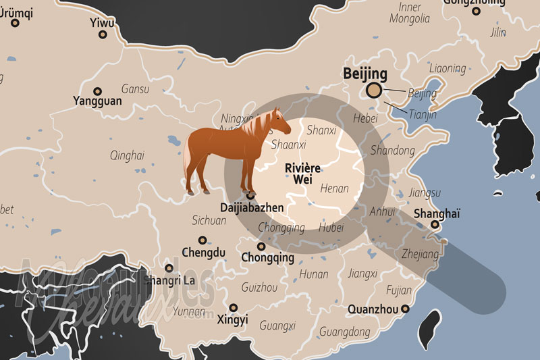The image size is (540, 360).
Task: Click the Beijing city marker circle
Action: click(x=373, y=91)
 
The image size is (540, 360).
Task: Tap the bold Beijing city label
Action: click(x=365, y=74)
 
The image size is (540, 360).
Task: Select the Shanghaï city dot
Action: click(x=435, y=225)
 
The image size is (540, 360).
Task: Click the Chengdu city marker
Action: click(x=202, y=240)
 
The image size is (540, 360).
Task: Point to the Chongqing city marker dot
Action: click(x=261, y=247)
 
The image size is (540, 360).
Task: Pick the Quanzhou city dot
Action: click(x=405, y=309)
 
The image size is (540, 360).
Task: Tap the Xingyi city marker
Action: click(x=233, y=307)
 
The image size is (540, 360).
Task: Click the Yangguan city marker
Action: click(x=97, y=91)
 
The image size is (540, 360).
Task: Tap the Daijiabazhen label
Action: click(x=252, y=208)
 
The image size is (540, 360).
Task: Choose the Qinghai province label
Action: click(x=127, y=155)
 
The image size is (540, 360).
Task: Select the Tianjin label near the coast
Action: click(x=423, y=115)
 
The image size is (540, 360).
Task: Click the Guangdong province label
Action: click(x=344, y=332)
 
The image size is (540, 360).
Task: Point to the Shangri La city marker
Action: click(x=169, y=268)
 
